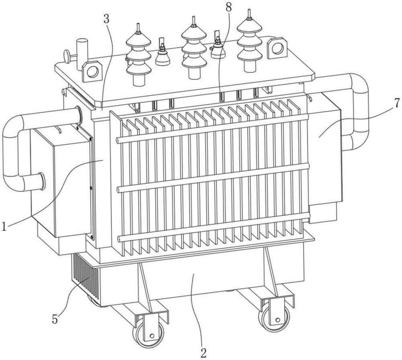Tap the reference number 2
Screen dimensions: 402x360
(203, 353)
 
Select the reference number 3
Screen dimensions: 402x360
(107, 19)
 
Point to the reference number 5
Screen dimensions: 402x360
(55, 319)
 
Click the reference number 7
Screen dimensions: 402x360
(397, 103)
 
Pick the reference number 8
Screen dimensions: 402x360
(229, 7)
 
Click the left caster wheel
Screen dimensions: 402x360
(149, 332)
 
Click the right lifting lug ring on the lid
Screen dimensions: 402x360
(277, 48)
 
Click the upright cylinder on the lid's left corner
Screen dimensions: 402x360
(82, 55)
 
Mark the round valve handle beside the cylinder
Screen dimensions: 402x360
(67, 56)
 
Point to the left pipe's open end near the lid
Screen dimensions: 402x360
(78, 115)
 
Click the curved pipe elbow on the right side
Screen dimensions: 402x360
(359, 111)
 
